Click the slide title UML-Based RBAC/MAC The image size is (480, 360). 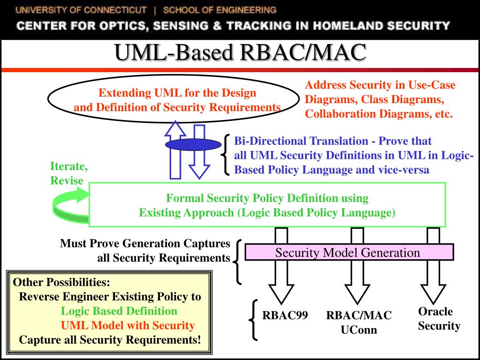240,52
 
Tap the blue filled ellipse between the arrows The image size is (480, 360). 193,144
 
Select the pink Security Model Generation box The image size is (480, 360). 349,252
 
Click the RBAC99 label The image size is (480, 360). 285,315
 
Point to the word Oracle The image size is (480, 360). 435,312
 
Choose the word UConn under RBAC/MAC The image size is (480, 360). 359,330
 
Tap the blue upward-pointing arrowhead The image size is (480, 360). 175,128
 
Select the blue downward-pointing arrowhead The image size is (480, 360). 199,172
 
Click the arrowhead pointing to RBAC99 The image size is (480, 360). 281,294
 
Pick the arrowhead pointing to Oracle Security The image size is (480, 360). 433,294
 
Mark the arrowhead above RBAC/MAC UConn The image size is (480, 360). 357,294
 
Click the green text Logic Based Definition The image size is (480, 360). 119,311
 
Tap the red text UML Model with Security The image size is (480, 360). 128,325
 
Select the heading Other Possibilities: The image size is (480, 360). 61,282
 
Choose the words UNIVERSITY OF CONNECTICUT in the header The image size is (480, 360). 81,10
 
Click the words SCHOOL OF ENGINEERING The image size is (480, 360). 220,10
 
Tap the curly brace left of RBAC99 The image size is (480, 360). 253,320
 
